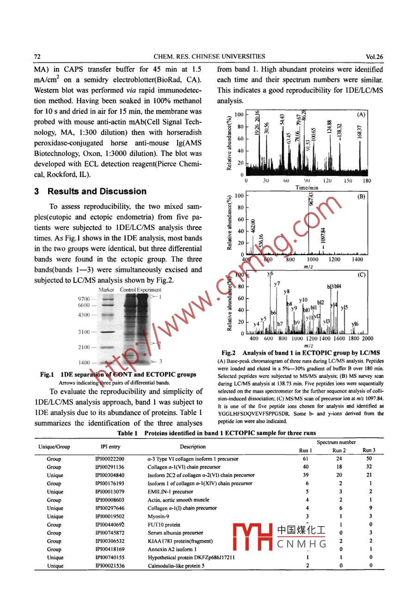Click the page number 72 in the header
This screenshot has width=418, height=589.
tap(38, 56)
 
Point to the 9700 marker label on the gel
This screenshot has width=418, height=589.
tap(84, 299)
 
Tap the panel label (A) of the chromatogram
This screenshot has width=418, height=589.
tap(361, 114)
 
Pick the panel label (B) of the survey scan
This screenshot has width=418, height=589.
tap(361, 196)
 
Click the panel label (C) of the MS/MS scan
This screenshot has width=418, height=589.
tap(361, 275)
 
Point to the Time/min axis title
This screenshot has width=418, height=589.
tap(307, 188)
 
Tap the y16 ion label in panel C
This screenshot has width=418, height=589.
tap(355, 324)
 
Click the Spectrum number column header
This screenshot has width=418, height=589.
tap(336, 442)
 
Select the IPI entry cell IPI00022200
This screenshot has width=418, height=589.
tap(110, 459)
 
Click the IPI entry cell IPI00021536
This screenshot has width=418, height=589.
tap(110, 566)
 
